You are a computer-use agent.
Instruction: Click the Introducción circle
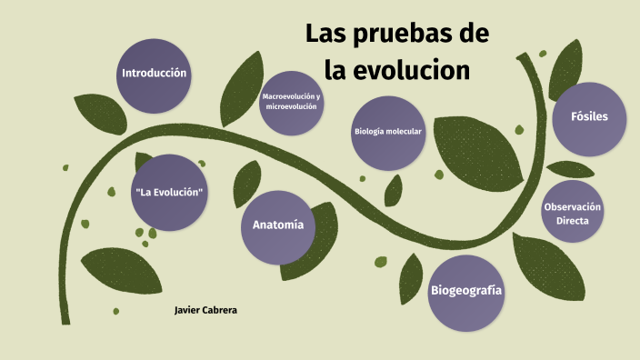pos(154,75)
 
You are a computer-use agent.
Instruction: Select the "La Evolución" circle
pos(167,193)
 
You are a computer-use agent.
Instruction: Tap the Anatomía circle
pos(278,226)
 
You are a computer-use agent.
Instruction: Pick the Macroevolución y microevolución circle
pos(291,102)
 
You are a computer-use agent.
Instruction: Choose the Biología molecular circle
pos(388,133)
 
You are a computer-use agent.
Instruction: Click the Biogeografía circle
pos(465,291)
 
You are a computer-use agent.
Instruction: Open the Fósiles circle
pos(589,117)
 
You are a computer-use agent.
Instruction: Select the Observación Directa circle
pos(573,214)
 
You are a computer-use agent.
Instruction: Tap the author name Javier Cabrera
pos(205,311)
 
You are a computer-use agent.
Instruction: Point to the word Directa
pos(573,221)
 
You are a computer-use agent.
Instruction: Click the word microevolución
pos(291,107)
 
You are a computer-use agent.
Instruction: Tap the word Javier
pos(185,311)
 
